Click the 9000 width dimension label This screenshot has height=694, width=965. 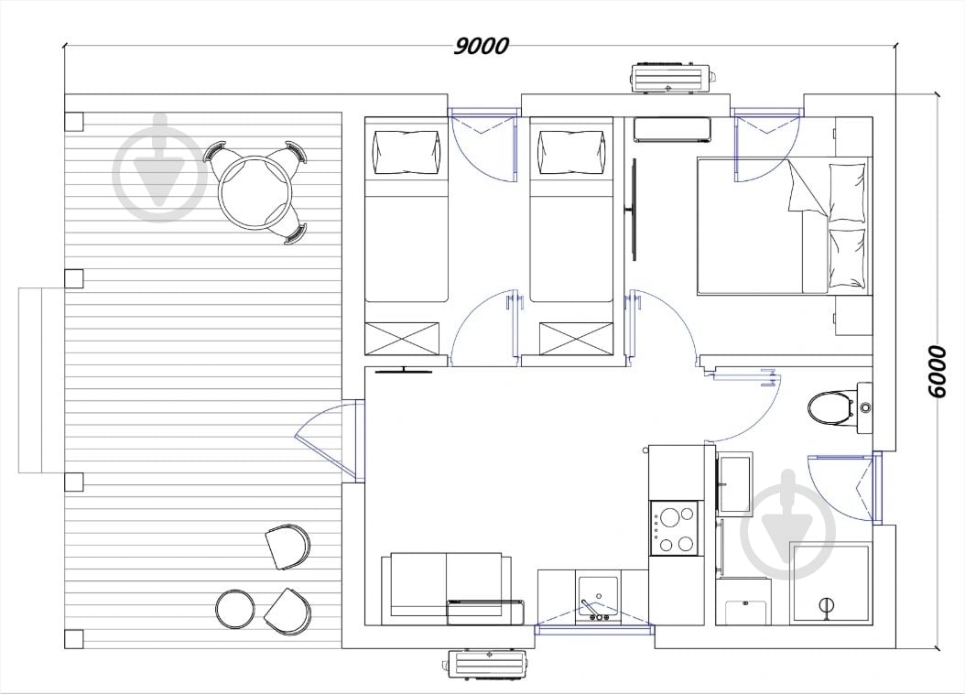coord(482,46)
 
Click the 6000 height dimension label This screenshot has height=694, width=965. coord(936,372)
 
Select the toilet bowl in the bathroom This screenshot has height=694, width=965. coord(830,407)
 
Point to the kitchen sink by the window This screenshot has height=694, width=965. coord(597,597)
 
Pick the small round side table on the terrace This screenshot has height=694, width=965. coord(234,609)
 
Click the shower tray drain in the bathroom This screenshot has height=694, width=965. coord(826,605)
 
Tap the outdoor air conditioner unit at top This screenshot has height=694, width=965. coord(673,77)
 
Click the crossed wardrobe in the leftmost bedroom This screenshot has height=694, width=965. coord(403,338)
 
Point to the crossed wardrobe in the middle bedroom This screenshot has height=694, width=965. coord(577,339)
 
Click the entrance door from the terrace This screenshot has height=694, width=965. coord(325,439)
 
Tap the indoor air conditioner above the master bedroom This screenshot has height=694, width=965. coord(672,130)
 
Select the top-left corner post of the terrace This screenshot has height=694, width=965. coord(74,121)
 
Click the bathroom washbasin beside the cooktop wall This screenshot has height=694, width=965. coord(734,484)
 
